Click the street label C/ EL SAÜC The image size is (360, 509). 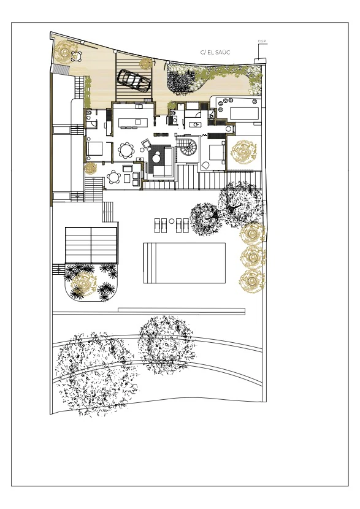click(215, 52)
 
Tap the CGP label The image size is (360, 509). click(262, 41)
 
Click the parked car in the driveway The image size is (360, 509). click(134, 80)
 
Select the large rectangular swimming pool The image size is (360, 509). click(185, 263)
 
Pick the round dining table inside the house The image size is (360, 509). click(126, 150)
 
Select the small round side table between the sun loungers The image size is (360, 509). click(172, 220)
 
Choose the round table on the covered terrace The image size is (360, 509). click(113, 178)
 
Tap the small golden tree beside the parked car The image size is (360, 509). click(145, 63)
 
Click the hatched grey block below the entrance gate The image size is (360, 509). click(60, 69)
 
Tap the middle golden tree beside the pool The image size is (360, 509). click(252, 257)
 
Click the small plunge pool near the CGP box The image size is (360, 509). click(244, 113)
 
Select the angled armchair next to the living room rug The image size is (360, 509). click(147, 144)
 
